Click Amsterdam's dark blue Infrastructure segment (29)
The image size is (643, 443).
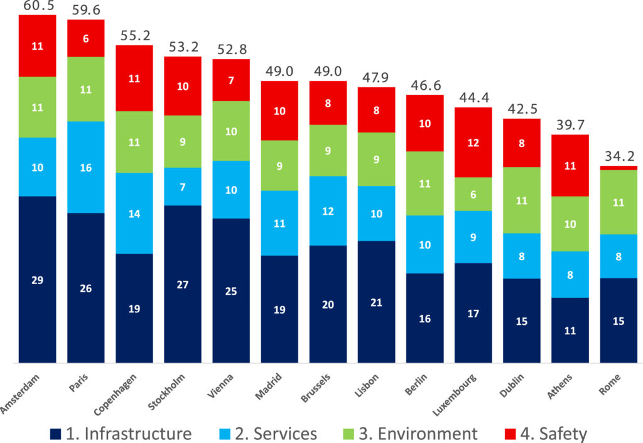[x=38, y=279]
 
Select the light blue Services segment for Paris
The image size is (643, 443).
[x=86, y=167]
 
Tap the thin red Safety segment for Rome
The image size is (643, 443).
[x=619, y=168]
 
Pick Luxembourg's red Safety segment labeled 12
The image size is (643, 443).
[x=473, y=142]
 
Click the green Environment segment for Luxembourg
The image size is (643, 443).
[x=473, y=194]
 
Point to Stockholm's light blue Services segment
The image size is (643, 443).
[x=183, y=187]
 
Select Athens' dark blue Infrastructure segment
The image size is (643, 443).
[x=570, y=330]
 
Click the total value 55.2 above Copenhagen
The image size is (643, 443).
[x=134, y=35]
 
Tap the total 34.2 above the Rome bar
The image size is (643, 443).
[x=619, y=156]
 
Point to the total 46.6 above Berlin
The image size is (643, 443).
[x=425, y=85]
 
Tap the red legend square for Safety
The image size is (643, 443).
[x=511, y=433]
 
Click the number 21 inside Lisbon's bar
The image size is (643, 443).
[x=377, y=302]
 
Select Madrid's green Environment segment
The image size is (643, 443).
[x=279, y=165]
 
